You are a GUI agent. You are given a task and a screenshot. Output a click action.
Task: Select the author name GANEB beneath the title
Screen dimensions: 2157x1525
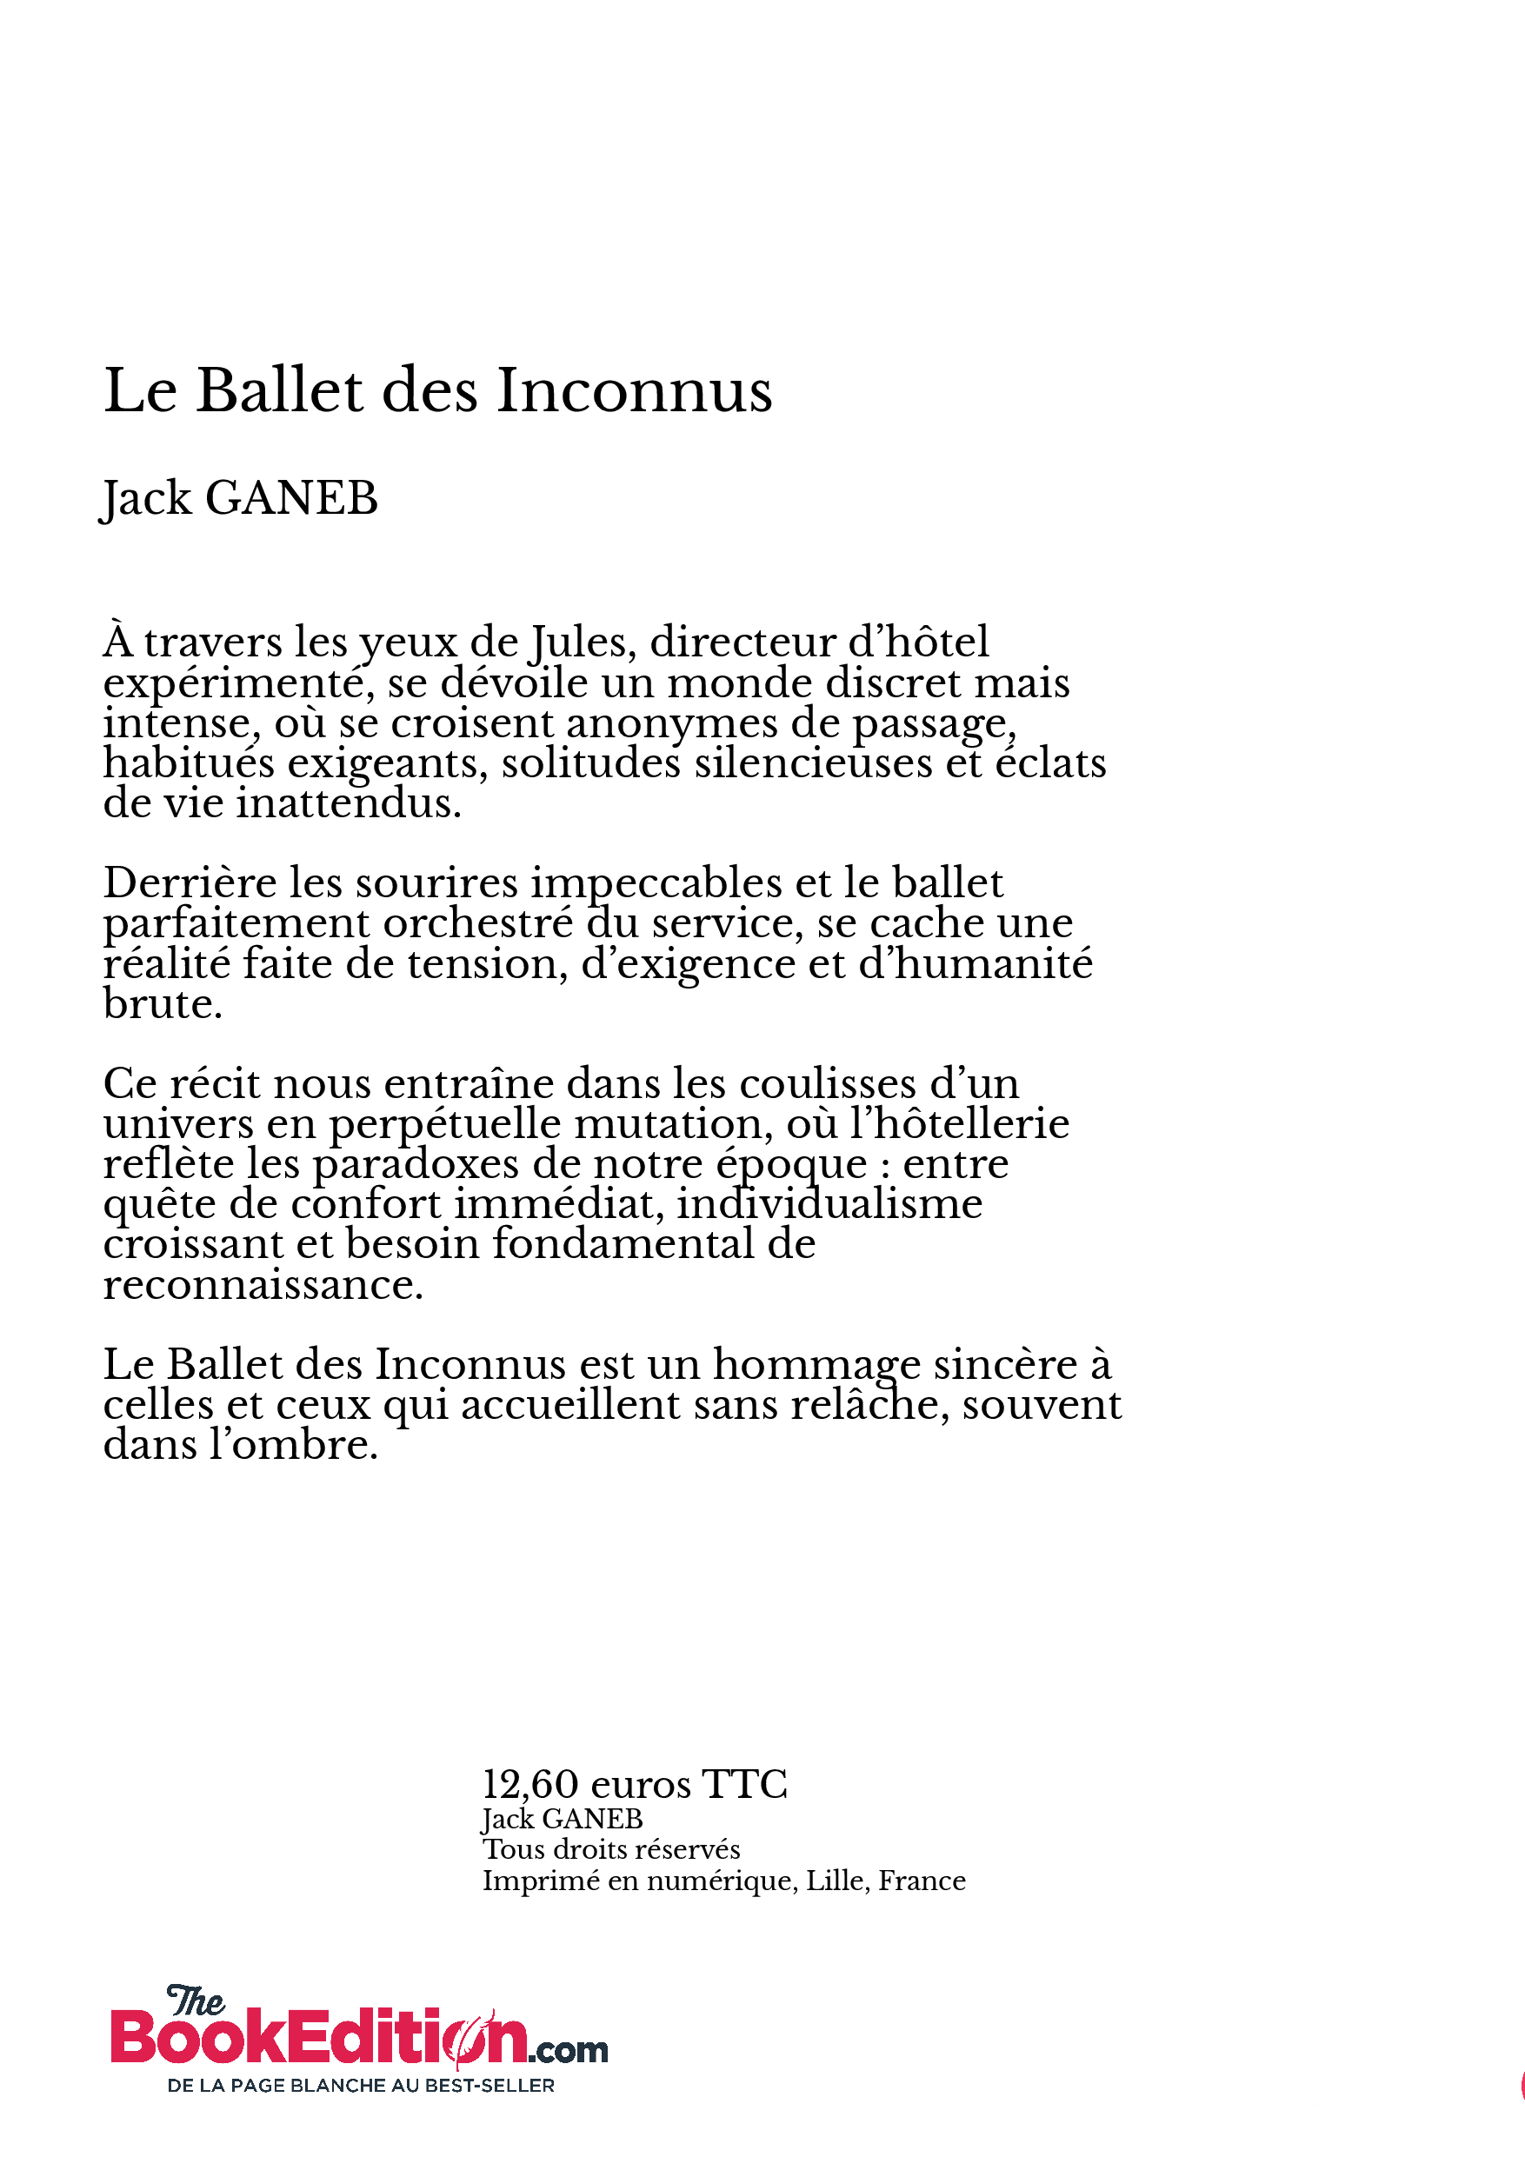pos(291,498)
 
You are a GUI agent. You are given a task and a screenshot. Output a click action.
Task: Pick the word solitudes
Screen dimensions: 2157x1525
pos(591,764)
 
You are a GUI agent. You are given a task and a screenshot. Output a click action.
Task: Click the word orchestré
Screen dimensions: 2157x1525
pos(477,923)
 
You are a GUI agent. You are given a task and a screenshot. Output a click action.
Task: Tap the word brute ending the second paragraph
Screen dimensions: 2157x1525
pos(162,1004)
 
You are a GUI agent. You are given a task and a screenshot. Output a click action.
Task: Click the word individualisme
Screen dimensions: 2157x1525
pos(829,1204)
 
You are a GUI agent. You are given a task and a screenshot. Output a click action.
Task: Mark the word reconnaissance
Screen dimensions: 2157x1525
pos(263,1285)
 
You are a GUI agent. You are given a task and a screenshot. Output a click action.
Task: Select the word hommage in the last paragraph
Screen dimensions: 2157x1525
pos(816,1364)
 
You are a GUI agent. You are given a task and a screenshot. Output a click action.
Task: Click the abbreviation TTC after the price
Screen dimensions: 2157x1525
pos(744,1785)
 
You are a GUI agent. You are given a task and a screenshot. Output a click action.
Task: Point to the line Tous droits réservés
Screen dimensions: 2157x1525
pos(610,1850)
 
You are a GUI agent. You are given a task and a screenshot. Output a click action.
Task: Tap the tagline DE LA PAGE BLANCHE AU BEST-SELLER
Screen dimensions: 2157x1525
pos(361,2086)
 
